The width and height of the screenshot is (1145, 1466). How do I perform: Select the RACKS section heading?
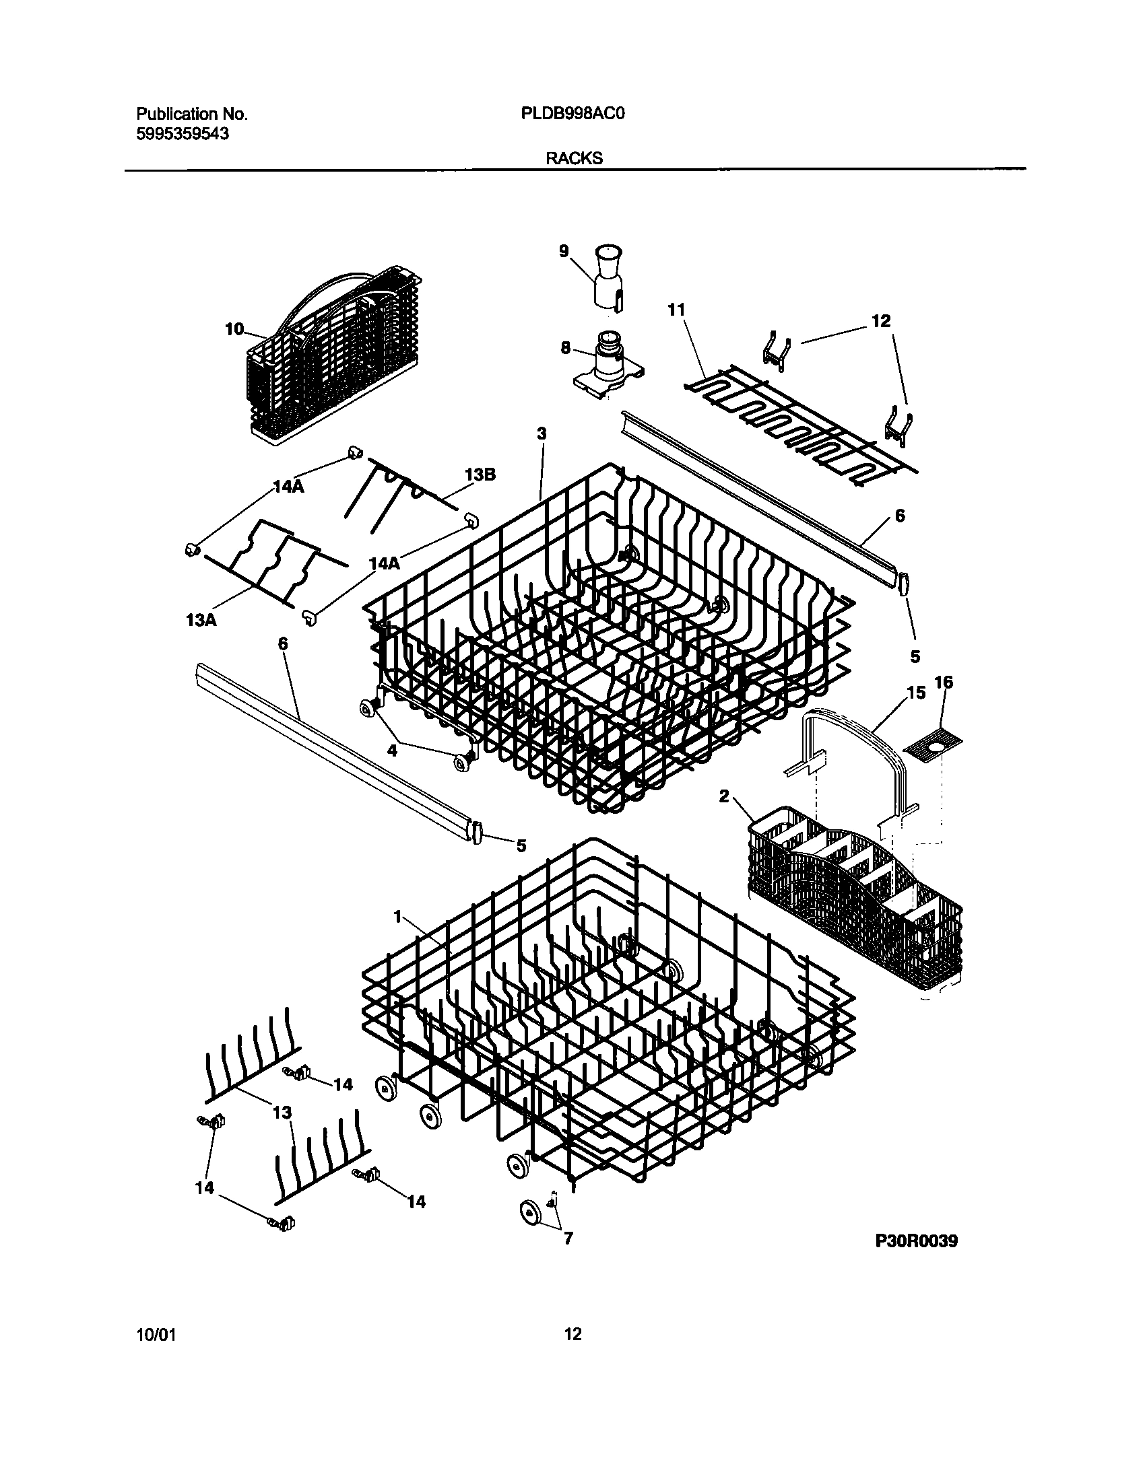(x=574, y=159)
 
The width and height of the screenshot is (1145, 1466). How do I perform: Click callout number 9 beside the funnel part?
(x=564, y=251)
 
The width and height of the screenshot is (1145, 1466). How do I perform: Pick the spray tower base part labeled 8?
(x=608, y=363)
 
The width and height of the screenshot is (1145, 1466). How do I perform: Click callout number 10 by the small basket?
(x=234, y=329)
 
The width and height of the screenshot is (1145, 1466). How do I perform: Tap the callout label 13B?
(x=480, y=475)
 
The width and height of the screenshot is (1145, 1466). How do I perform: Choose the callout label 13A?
(x=201, y=620)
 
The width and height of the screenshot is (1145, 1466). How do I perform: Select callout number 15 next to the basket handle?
(x=916, y=692)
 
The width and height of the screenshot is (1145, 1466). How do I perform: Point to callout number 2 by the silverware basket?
(x=724, y=796)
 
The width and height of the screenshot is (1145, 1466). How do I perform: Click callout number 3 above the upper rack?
(x=542, y=433)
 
